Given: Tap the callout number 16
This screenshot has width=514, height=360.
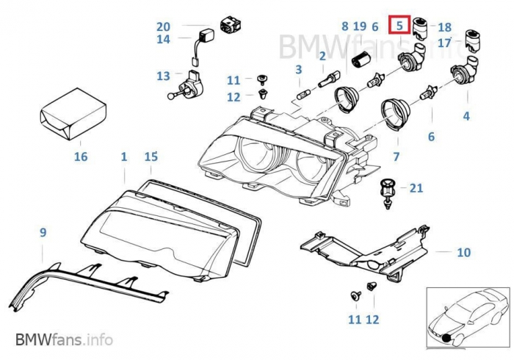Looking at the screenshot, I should [x=81, y=156].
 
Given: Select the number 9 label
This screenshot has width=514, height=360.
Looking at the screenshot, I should [x=43, y=233].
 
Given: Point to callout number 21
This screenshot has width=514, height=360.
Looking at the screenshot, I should [x=416, y=188].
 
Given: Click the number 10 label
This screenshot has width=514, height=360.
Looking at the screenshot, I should [x=463, y=253].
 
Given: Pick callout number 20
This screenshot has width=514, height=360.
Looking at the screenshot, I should [x=163, y=26].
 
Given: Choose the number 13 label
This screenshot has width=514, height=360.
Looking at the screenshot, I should [x=163, y=76].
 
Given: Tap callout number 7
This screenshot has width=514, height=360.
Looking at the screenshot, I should [x=396, y=156].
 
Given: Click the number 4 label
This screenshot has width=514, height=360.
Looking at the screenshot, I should [x=466, y=116].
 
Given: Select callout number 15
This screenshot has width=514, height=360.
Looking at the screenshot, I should [x=151, y=156].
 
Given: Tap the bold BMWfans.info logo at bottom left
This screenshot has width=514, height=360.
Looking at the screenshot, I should [x=64, y=340].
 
